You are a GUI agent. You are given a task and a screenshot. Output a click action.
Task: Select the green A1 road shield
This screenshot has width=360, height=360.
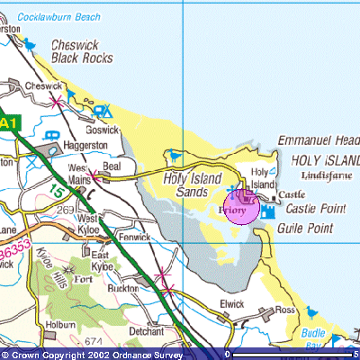pyautogui.click(x=8, y=122)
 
